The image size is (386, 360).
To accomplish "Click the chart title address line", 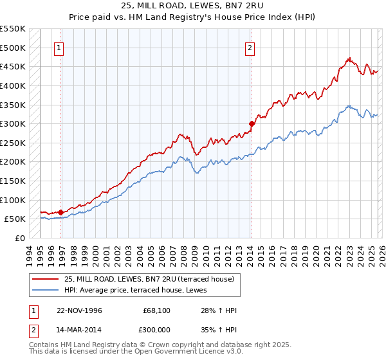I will pyautogui.click(x=192, y=6).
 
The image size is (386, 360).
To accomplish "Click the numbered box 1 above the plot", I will pyautogui.click(x=59, y=47).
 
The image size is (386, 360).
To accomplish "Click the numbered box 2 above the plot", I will pyautogui.click(x=249, y=47).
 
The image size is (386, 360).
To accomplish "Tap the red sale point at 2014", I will pyautogui.click(x=252, y=123).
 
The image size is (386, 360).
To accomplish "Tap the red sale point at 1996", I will pyautogui.click(x=61, y=212).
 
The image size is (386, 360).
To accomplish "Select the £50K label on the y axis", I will pyautogui.click(x=15, y=219).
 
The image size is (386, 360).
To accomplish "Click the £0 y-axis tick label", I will pyautogui.click(x=19, y=238).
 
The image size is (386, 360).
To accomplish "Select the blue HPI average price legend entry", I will pyautogui.click(x=142, y=290).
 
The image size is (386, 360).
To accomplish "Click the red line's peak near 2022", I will pyautogui.click(x=348, y=58).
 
